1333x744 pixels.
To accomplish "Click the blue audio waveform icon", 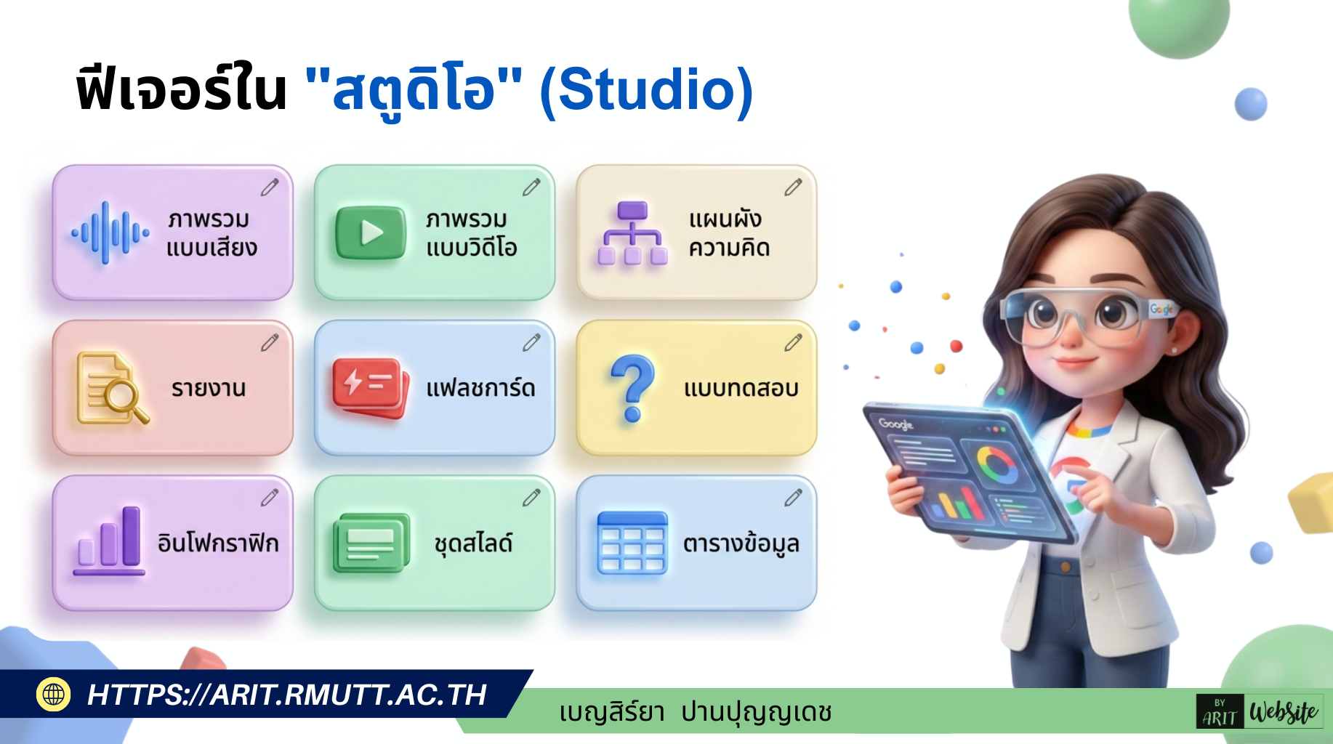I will tap(110, 233).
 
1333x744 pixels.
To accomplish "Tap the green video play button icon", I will tap(370, 233).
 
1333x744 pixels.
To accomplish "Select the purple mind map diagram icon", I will tap(632, 233).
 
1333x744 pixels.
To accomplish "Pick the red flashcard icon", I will tap(369, 387).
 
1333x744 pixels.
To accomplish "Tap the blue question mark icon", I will tap(632, 387).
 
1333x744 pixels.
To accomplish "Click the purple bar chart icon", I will tap(110, 541).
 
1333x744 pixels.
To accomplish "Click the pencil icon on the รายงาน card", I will tap(270, 342).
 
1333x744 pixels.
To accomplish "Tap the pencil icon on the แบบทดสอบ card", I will tap(793, 342).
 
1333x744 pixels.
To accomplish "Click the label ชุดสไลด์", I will tap(473, 543).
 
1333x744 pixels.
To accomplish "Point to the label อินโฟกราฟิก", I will tap(218, 543).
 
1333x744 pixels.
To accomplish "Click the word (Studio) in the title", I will tap(646, 90).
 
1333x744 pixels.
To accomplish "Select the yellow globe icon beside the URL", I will tap(53, 695).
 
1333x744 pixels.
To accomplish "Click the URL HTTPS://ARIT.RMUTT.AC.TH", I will tap(286, 695).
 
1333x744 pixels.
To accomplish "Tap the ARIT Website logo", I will tap(1259, 712).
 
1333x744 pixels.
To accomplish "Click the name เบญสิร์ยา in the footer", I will tap(612, 712).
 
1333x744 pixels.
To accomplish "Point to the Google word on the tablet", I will tap(895, 424).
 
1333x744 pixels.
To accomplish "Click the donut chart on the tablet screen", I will tap(996, 465).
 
